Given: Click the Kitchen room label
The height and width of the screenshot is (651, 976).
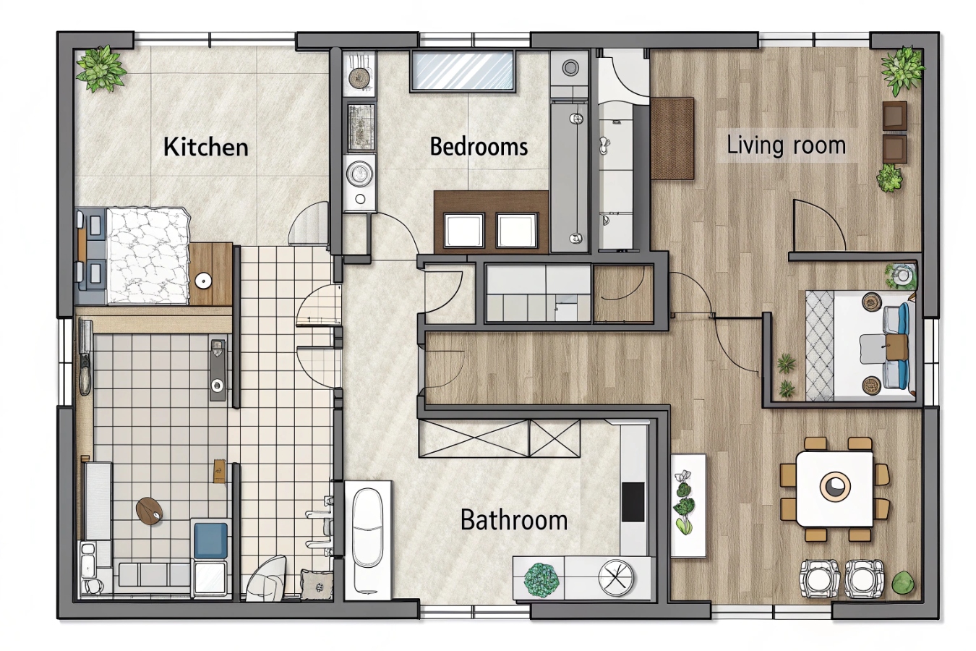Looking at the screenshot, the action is [x=205, y=147].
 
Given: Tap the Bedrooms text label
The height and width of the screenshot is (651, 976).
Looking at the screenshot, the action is [x=479, y=146].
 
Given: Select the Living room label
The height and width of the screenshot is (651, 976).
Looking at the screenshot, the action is [x=786, y=145].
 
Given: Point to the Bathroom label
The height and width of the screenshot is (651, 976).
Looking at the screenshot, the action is [x=514, y=520].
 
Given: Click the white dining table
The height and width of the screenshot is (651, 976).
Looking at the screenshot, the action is [x=834, y=489].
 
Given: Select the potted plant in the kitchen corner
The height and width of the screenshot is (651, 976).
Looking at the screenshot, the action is [x=101, y=69].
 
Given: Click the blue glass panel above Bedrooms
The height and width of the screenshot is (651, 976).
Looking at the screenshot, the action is [x=462, y=71].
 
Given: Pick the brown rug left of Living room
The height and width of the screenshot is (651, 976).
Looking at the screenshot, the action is [x=672, y=139].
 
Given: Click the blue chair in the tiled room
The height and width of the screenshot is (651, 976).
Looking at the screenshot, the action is [x=210, y=540].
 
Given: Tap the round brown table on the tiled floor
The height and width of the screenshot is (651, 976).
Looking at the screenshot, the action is [x=149, y=510].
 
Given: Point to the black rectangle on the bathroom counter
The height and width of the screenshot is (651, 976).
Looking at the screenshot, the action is [x=633, y=502].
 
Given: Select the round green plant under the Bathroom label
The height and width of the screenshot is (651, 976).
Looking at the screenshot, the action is [x=541, y=580].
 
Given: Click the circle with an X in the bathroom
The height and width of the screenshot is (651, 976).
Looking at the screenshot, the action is [x=616, y=577].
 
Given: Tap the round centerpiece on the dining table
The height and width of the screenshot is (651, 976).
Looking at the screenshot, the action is [x=835, y=486].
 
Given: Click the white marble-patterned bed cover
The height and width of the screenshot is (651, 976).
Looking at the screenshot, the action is [x=149, y=255].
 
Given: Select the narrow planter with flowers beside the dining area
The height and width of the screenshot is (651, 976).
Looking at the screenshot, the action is [x=688, y=506].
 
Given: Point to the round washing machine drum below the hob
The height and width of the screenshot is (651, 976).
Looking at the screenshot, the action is [x=359, y=174].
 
